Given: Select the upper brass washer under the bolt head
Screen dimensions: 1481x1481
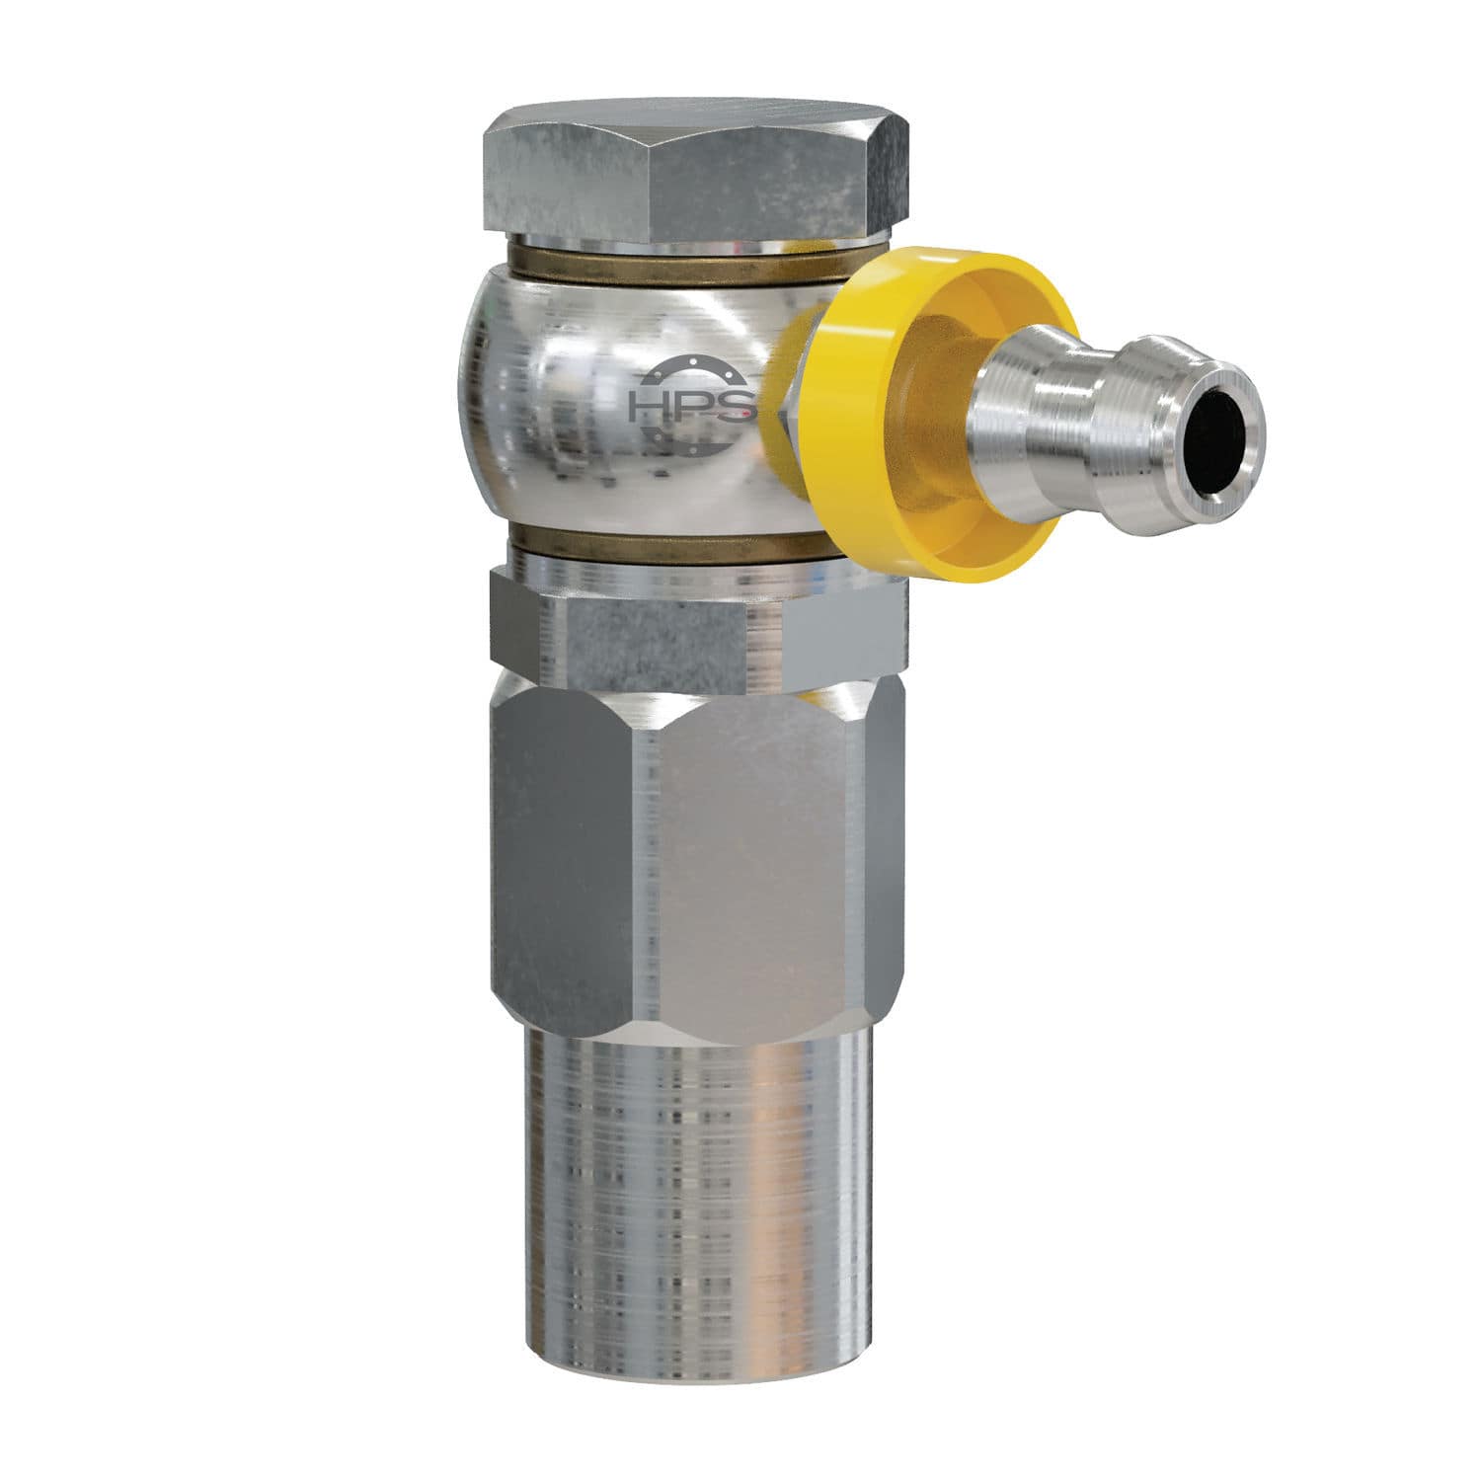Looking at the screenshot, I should [642, 269].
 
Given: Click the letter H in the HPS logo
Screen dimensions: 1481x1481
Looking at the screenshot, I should [648, 406].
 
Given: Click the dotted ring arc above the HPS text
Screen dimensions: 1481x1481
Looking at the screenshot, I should [681, 367].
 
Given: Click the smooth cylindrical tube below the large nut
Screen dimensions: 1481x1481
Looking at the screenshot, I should [691, 1185].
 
